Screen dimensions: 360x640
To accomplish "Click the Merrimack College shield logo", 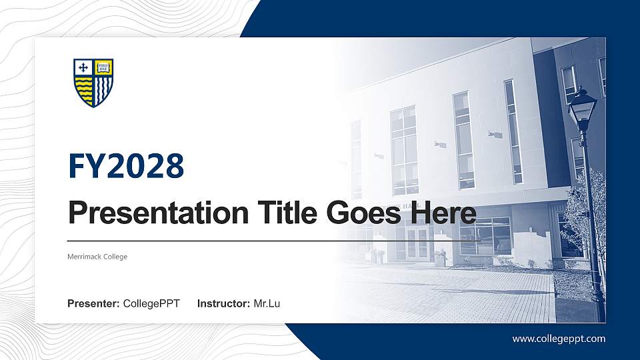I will (x=93, y=83).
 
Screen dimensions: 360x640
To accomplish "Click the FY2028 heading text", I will (x=126, y=167).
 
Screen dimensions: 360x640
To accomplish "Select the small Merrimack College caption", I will (x=97, y=257).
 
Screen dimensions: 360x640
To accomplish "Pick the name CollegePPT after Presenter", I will (x=151, y=304).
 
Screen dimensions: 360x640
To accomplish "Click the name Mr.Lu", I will (x=267, y=304).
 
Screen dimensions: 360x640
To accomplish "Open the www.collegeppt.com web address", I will (x=559, y=339).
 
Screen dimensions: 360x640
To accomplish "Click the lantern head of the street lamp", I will (x=582, y=107).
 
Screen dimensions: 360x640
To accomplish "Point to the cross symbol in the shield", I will (x=83, y=67).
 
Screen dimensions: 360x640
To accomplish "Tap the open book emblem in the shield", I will (x=103, y=67).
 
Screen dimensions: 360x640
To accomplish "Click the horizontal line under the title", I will (x=273, y=240).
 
